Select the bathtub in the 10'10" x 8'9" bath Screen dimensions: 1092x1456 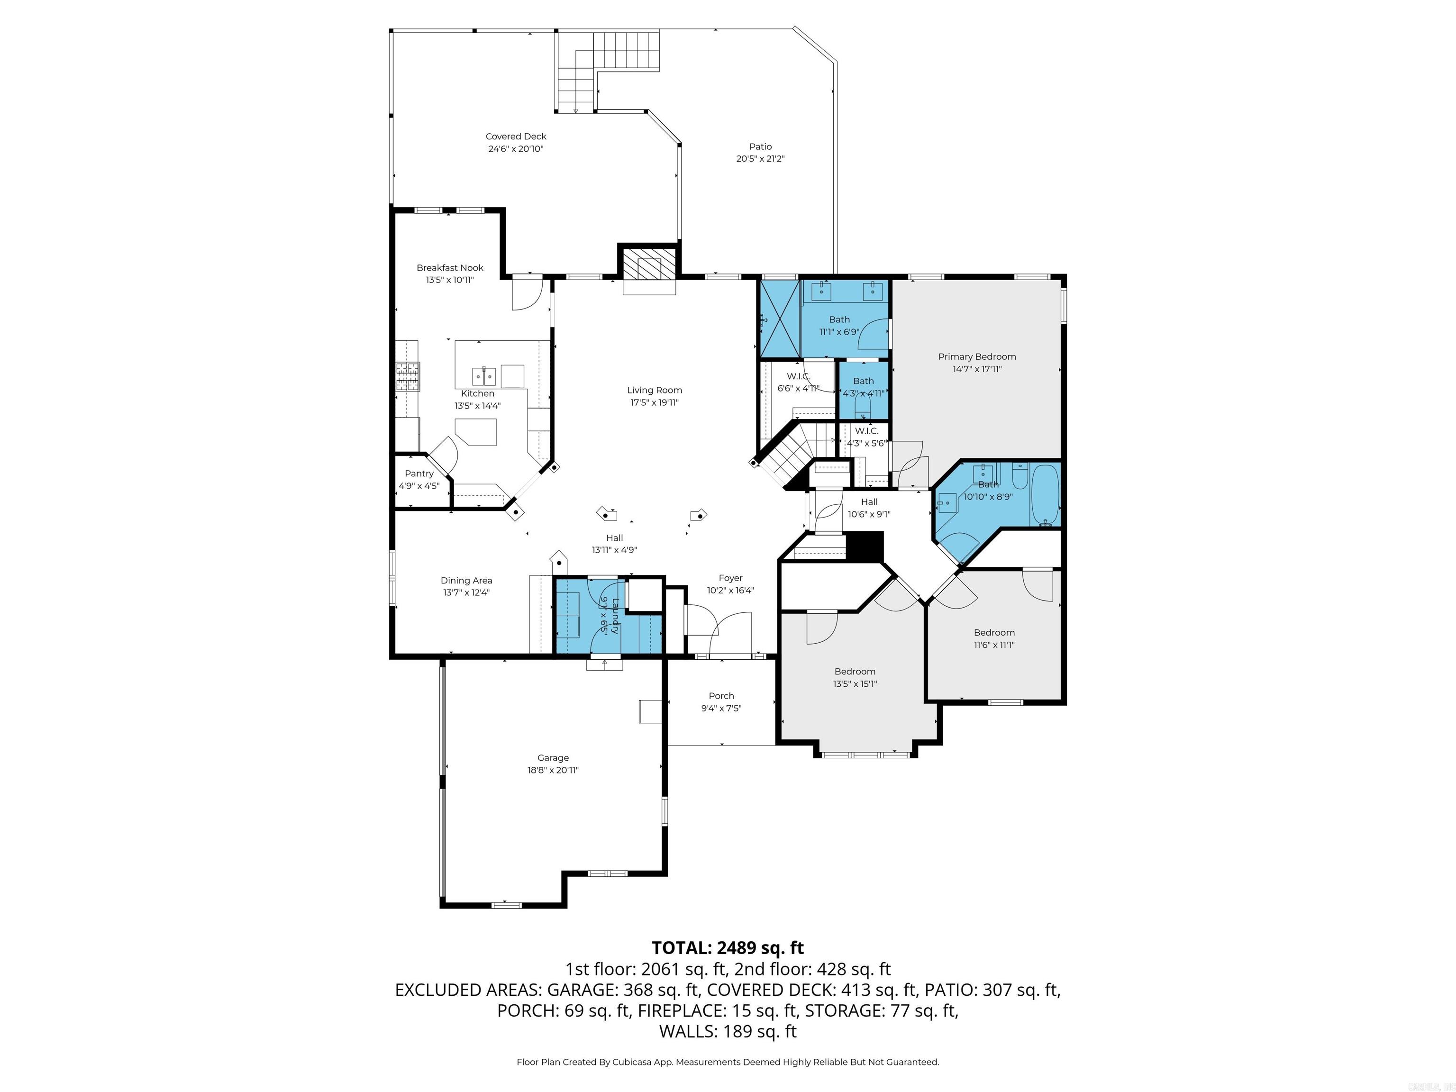coord(1045,494)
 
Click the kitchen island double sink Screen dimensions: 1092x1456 coord(484,376)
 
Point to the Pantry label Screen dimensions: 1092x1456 coord(419,473)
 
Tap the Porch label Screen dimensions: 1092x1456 coord(721,696)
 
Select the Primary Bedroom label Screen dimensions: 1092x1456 coord(977,357)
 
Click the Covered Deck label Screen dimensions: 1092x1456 coord(516,136)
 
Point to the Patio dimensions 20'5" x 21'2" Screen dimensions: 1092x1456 coord(760,159)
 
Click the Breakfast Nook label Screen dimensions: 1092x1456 coord(450,268)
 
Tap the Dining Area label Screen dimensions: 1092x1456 coord(466,581)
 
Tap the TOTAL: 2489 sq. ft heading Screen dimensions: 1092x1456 coord(728,948)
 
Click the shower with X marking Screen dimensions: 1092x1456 coord(779,318)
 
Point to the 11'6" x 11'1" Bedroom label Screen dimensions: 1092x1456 coord(994,633)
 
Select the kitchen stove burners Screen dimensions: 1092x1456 coord(408,378)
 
